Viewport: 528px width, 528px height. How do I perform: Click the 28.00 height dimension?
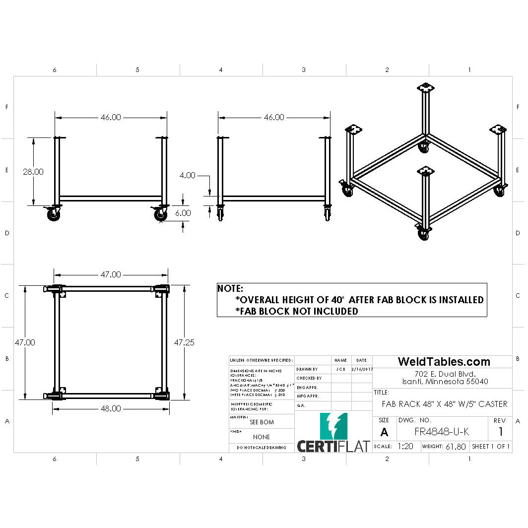33,172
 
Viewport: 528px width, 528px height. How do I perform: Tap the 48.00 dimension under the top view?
111,408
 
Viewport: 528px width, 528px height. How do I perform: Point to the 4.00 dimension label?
187,175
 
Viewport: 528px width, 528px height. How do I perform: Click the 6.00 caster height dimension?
183,212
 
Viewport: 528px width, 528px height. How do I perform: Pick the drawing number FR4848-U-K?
442,432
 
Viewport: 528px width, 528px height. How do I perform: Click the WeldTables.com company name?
444,362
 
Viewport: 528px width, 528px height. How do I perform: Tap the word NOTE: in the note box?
231,288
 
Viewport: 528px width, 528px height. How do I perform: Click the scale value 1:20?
405,446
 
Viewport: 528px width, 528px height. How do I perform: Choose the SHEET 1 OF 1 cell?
491,446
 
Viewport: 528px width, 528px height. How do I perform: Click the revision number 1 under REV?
501,432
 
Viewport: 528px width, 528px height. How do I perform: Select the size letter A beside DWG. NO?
384,432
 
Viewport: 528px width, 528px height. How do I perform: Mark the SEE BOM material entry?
262,422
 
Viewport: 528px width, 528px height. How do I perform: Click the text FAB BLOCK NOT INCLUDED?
297,311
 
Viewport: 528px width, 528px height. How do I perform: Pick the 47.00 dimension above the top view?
111,274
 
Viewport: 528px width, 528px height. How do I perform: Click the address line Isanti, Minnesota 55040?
445,382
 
